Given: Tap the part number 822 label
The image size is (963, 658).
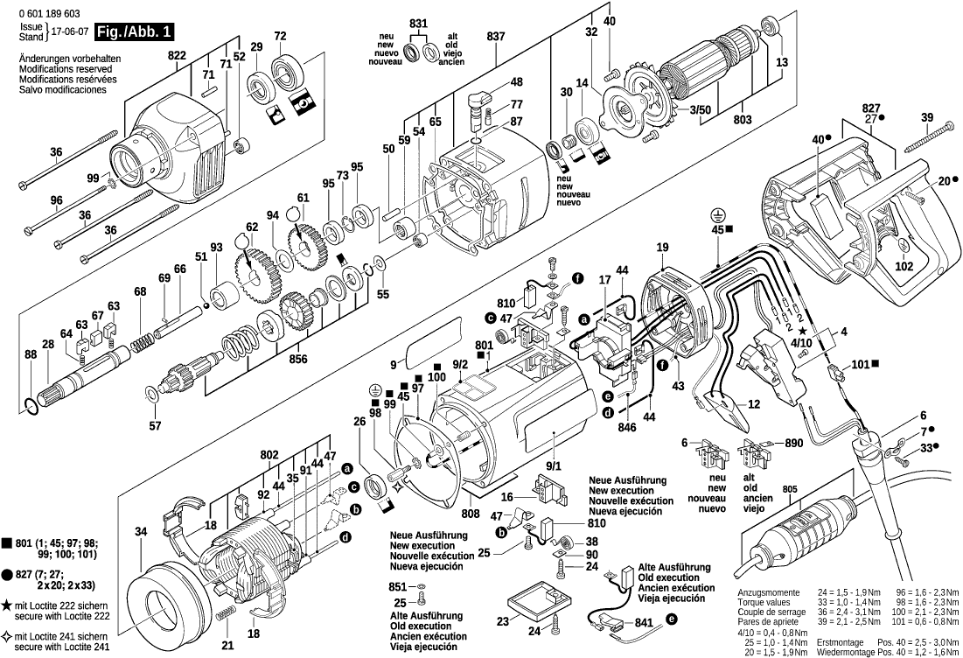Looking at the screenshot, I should [x=178, y=55].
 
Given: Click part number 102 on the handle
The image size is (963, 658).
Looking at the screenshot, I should [x=904, y=266].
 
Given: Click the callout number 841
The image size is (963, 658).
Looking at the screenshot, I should [x=644, y=622].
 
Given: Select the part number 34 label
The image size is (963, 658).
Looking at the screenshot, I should [x=141, y=531].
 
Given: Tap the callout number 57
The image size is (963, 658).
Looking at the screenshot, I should [x=155, y=426].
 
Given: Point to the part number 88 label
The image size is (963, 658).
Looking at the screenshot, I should [x=31, y=354].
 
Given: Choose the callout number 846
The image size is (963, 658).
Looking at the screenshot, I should [x=627, y=429].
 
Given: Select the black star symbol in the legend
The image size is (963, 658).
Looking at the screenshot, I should [x=6, y=604].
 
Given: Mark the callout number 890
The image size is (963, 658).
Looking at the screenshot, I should [x=793, y=444].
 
